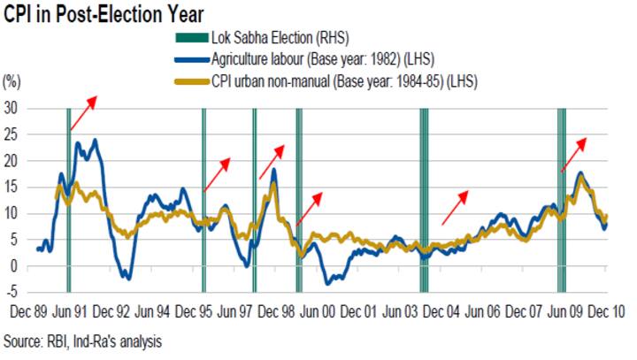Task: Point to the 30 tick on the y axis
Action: [x=12, y=108]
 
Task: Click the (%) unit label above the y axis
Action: [x=12, y=80]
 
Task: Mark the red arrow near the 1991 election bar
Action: [x=84, y=113]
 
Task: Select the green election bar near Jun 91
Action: [x=68, y=199]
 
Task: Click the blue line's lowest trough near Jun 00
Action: [x=329, y=283]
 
